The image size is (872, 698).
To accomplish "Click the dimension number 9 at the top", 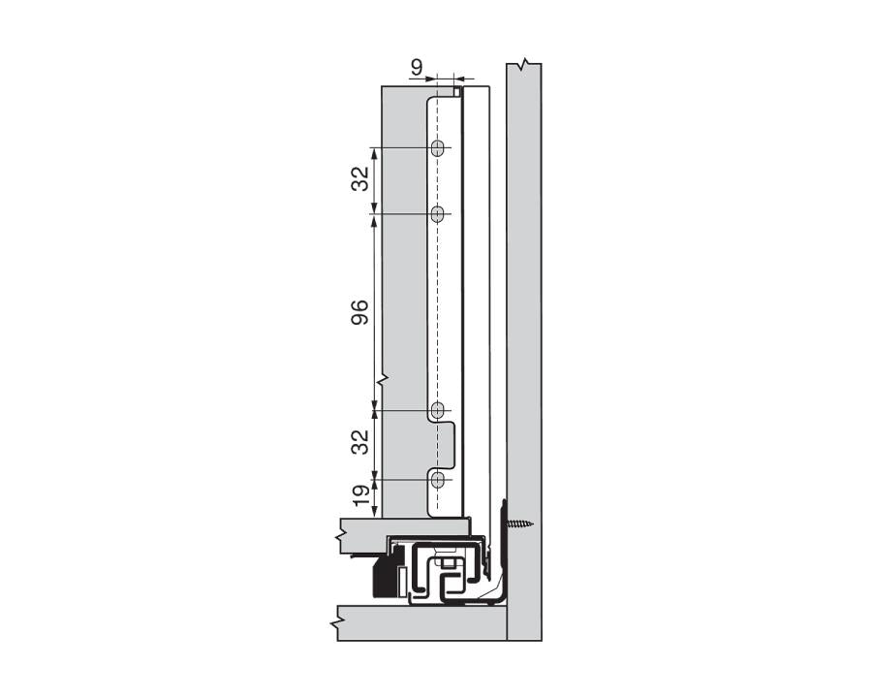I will tap(416, 67).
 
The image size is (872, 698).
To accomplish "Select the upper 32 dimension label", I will tap(359, 179).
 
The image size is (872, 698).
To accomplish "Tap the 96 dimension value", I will tap(359, 312).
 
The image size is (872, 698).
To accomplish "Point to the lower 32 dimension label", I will tap(359, 443).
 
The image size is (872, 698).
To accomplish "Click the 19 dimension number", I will tap(359, 496).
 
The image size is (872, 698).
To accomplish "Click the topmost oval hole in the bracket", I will tap(438, 148).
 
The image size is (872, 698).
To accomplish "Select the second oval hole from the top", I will tap(438, 213).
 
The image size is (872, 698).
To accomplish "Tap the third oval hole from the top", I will tap(438, 410).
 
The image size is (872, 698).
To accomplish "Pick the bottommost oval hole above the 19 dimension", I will tap(438, 479).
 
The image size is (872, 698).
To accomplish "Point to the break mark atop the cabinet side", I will tap(523, 65).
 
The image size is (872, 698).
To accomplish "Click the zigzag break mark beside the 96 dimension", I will tap(384, 378).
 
